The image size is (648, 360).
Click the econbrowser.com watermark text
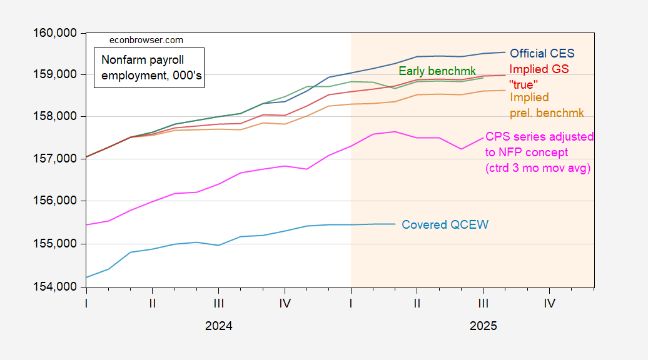[146, 40]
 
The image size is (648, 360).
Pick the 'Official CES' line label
[542, 53]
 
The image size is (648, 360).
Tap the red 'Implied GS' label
[539, 69]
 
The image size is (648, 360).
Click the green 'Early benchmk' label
[437, 71]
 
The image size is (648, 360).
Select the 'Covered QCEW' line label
[444, 225]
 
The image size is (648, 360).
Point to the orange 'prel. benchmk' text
[547, 113]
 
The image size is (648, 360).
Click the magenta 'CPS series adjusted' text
[539, 137]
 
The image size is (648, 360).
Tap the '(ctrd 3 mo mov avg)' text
[538, 168]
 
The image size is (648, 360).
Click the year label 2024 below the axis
[218, 326]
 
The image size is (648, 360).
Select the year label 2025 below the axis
[483, 326]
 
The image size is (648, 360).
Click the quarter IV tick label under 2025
[549, 304]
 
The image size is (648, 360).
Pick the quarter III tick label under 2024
[218, 304]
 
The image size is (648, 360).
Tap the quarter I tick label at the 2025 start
[351, 304]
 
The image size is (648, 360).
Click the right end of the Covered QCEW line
[395, 224]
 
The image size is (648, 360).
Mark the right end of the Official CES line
[505, 52]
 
